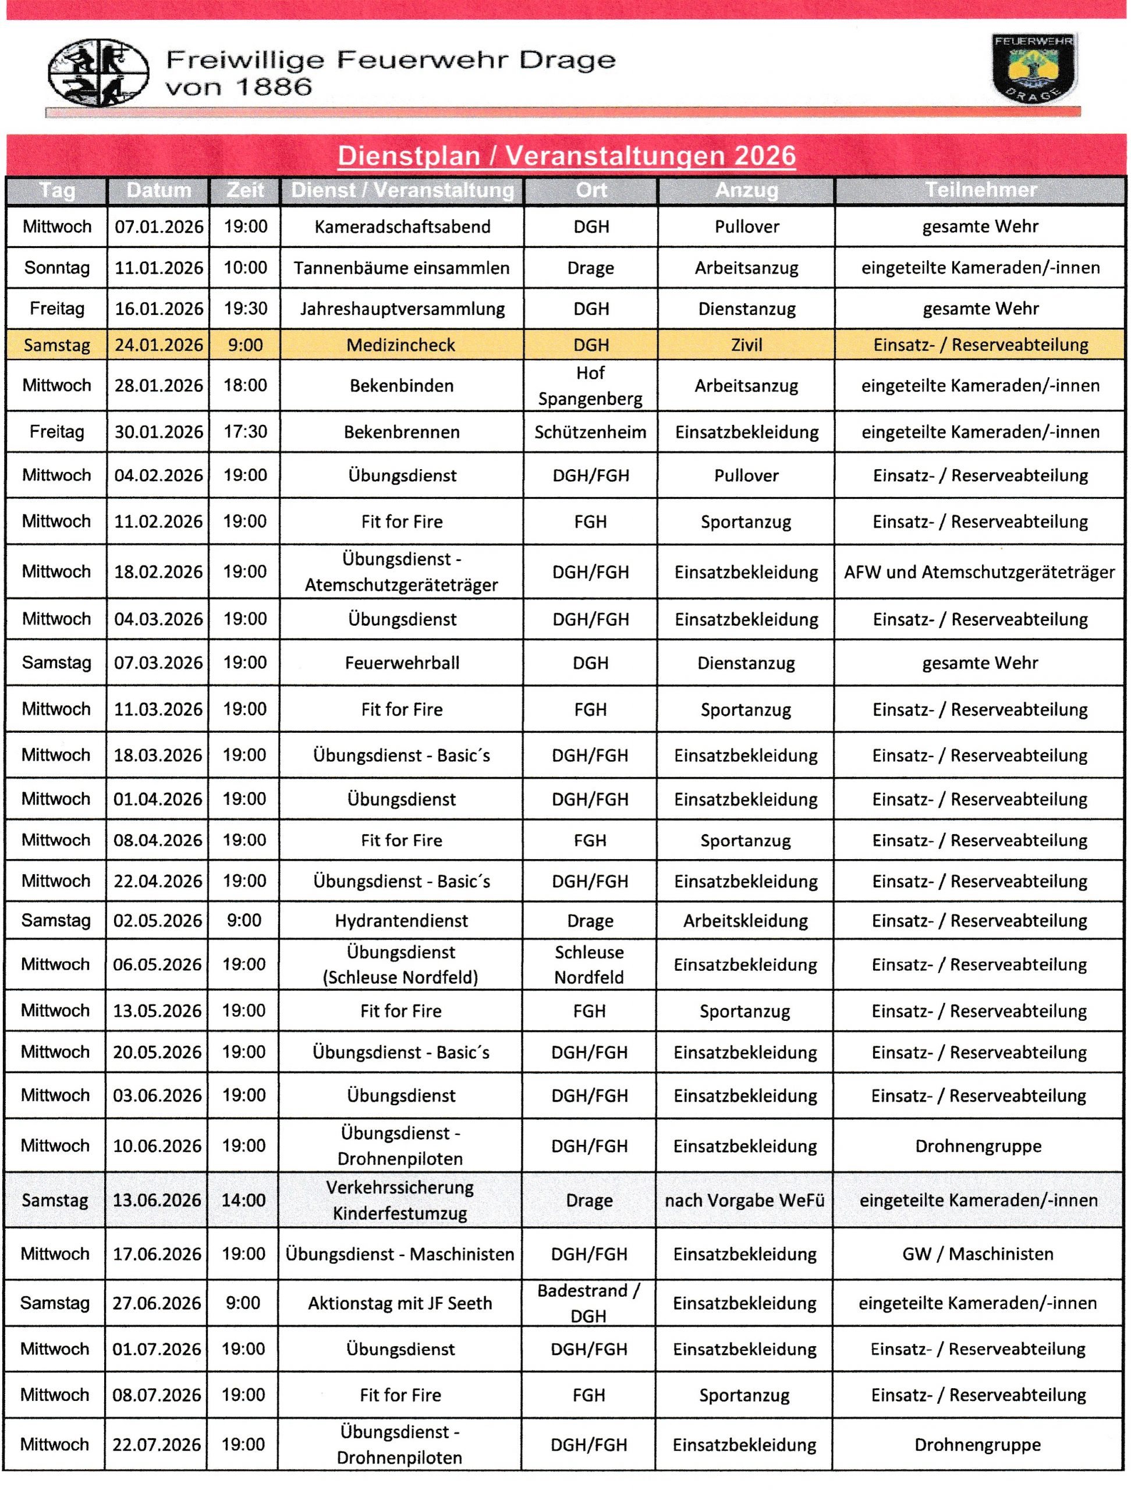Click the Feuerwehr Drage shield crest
[1034, 69]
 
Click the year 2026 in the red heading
[765, 156]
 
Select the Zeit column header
[245, 191]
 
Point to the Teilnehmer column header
[980, 191]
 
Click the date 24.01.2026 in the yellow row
[158, 345]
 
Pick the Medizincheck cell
[401, 345]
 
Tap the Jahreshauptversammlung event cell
[402, 308]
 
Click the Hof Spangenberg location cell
[590, 385]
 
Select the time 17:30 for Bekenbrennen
[245, 431]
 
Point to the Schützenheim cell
[590, 432]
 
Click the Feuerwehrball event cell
[402, 663]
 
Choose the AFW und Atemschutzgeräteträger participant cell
[980, 572]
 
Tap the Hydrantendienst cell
[402, 921]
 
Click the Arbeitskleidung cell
[746, 921]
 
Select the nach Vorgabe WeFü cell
[744, 1200]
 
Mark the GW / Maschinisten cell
[978, 1254]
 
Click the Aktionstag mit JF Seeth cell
[400, 1303]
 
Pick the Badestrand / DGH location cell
[588, 1303]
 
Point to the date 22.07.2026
[156, 1445]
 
